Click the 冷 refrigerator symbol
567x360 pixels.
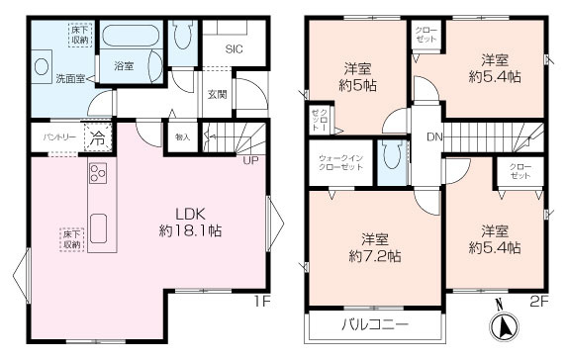pyautogui.click(x=97, y=137)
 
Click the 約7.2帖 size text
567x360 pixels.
pyautogui.click(x=373, y=256)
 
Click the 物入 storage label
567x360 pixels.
pyautogui.click(x=182, y=136)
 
